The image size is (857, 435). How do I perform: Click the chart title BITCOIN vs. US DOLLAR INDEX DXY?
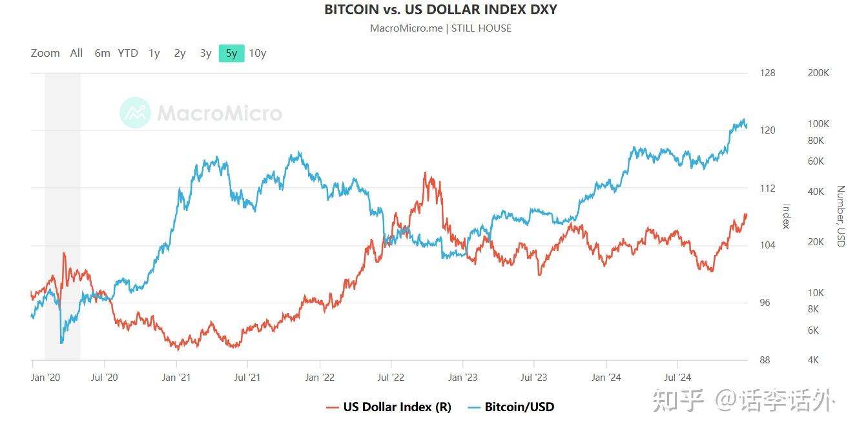(440, 10)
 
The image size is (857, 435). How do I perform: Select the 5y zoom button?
(231, 54)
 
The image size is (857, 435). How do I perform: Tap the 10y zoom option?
(258, 54)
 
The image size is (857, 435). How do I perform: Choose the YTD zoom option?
(128, 54)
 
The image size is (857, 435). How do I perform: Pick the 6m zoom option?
(102, 54)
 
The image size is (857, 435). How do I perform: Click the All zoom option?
(76, 54)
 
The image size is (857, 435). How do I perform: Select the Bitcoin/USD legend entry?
(519, 407)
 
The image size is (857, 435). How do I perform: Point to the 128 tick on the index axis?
(767, 73)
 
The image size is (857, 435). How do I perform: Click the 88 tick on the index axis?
(765, 360)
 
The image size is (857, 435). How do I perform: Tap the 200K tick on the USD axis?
(818, 73)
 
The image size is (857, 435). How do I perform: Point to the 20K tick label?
(816, 242)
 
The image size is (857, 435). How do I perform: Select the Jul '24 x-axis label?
(677, 378)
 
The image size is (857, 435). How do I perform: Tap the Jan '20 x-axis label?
(45, 378)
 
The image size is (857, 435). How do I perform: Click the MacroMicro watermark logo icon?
(135, 113)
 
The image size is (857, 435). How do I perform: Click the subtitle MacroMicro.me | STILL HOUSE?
(440, 28)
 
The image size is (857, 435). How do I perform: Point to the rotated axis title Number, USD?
(840, 216)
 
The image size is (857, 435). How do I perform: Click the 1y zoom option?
(154, 54)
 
